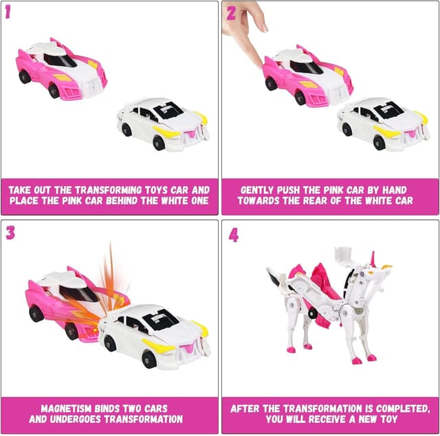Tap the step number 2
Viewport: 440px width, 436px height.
click(230, 12)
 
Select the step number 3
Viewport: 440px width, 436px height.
click(10, 232)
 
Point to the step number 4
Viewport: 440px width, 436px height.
click(234, 235)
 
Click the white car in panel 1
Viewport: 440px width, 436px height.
click(162, 123)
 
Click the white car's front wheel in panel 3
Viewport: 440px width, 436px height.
click(148, 357)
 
